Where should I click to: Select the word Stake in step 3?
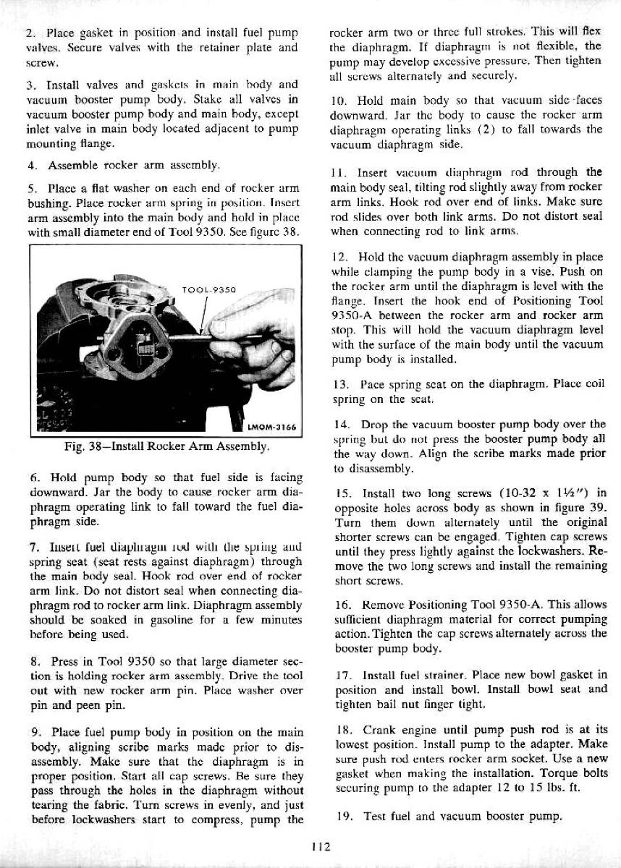216,100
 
